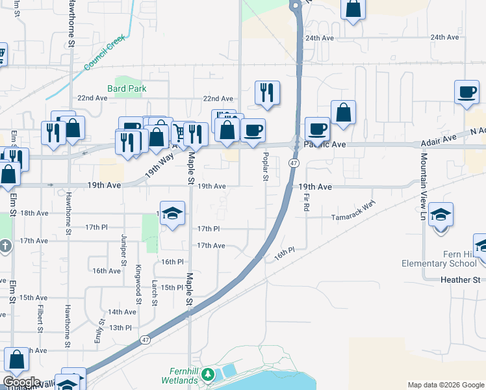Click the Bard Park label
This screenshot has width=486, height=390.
click(x=127, y=88)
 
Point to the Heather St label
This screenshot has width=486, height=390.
click(x=460, y=279)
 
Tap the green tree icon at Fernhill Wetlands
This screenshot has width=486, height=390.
click(x=207, y=374)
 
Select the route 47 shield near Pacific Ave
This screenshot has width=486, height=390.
click(x=294, y=162)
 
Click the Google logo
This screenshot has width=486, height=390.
click(x=21, y=382)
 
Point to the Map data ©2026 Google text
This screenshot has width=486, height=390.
click(x=445, y=385)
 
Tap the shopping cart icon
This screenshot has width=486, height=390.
click(x=178, y=133)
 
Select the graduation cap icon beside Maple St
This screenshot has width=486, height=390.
click(x=172, y=213)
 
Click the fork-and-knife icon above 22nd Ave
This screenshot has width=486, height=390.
click(x=267, y=92)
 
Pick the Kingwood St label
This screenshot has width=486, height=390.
click(x=138, y=285)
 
